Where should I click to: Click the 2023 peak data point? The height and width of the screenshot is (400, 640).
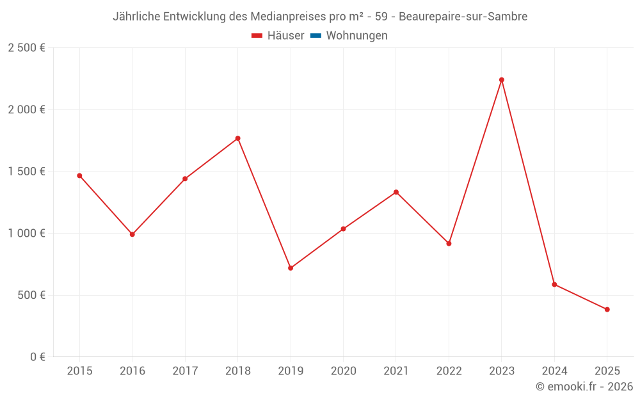(502, 80)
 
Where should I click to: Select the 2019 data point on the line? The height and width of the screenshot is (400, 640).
(291, 268)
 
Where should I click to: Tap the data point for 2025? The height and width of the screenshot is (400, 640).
(607, 310)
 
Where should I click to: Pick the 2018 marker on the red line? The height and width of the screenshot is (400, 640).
(238, 138)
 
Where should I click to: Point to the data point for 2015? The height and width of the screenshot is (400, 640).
(79, 175)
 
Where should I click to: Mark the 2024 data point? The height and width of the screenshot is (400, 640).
(554, 284)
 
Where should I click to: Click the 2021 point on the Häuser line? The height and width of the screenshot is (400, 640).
(396, 192)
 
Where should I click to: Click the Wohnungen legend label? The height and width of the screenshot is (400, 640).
(356, 36)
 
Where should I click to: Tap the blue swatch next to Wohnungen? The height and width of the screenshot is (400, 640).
(316, 36)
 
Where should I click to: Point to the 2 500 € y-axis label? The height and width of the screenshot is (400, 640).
(26, 48)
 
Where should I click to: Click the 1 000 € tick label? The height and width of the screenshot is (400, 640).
(26, 233)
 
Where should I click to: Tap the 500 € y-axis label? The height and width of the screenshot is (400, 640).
(31, 295)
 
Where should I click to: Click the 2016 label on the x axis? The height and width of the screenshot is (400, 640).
(132, 371)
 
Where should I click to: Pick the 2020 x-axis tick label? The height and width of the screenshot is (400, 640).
(343, 371)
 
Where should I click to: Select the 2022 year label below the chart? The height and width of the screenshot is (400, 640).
(449, 371)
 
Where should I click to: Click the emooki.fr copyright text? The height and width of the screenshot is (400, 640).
(584, 387)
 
